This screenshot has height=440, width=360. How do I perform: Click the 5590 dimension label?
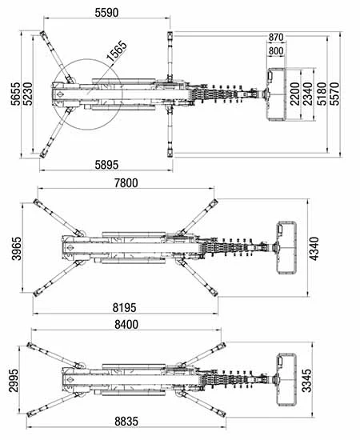pos(106,13)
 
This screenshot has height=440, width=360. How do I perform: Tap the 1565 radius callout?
pos(117,51)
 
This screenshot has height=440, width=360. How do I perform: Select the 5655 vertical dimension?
pos(16,94)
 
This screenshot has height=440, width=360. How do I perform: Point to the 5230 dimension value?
pos(28,94)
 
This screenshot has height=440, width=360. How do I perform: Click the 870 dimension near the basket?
pos(276,37)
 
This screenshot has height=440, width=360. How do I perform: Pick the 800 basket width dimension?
pos(276,51)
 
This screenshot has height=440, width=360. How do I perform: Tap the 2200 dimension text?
pos(295,94)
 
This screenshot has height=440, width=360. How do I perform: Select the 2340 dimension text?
pos(308,94)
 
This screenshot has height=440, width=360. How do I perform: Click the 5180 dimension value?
pos(322,94)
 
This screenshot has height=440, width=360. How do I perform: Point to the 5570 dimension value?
pos(334,94)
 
